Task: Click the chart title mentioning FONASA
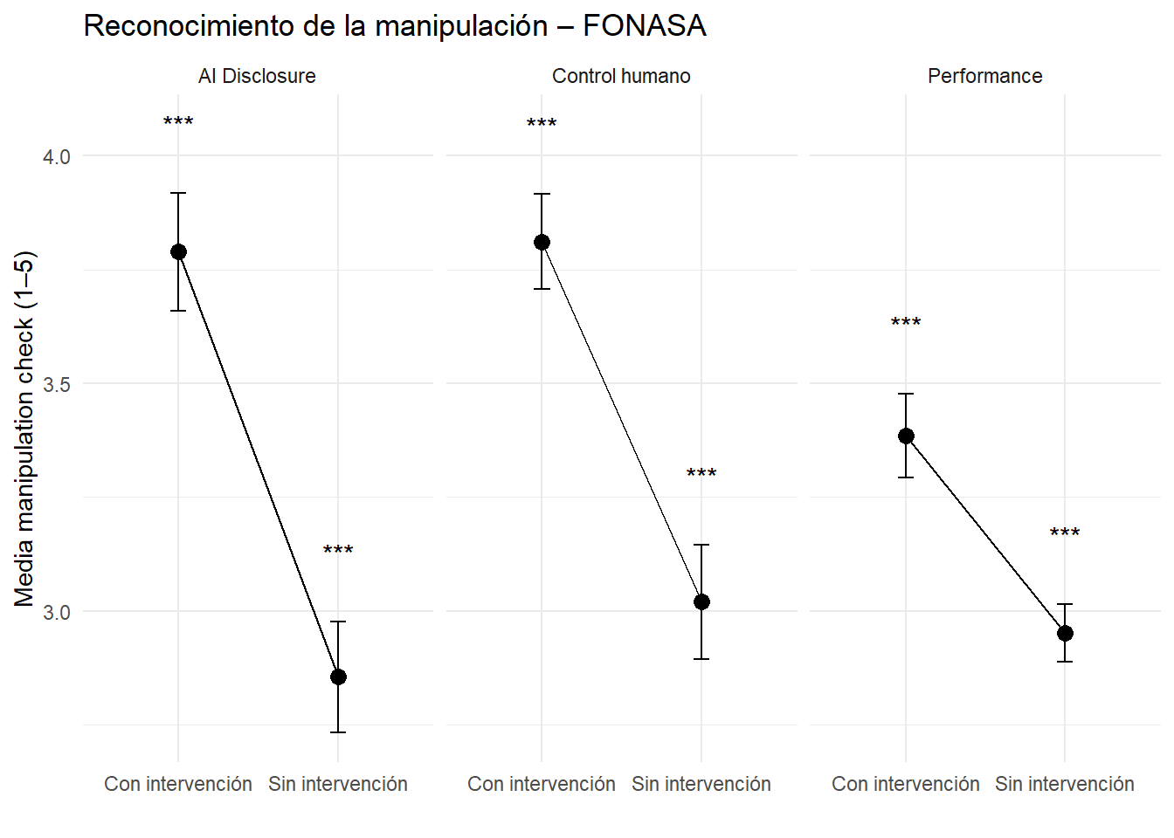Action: click(x=394, y=26)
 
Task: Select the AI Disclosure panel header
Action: click(x=257, y=76)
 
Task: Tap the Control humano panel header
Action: click(x=621, y=76)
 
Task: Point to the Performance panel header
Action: click(x=984, y=76)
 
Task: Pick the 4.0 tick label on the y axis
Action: click(x=57, y=157)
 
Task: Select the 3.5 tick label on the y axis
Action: click(x=57, y=384)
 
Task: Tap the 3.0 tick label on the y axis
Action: click(x=57, y=612)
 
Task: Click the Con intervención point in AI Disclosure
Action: click(x=178, y=252)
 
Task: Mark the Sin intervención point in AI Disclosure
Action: click(x=338, y=677)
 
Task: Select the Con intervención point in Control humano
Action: click(x=542, y=243)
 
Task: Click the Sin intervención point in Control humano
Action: click(x=701, y=601)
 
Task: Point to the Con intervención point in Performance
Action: click(x=906, y=436)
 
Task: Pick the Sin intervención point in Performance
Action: click(x=1065, y=633)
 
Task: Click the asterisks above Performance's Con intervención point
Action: click(x=906, y=323)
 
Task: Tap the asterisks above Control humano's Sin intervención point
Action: click(x=701, y=474)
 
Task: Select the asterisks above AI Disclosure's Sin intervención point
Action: click(x=338, y=551)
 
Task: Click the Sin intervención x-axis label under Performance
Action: click(x=1064, y=784)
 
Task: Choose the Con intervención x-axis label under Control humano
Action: click(x=542, y=784)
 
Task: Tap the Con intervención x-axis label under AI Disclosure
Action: click(x=178, y=784)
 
